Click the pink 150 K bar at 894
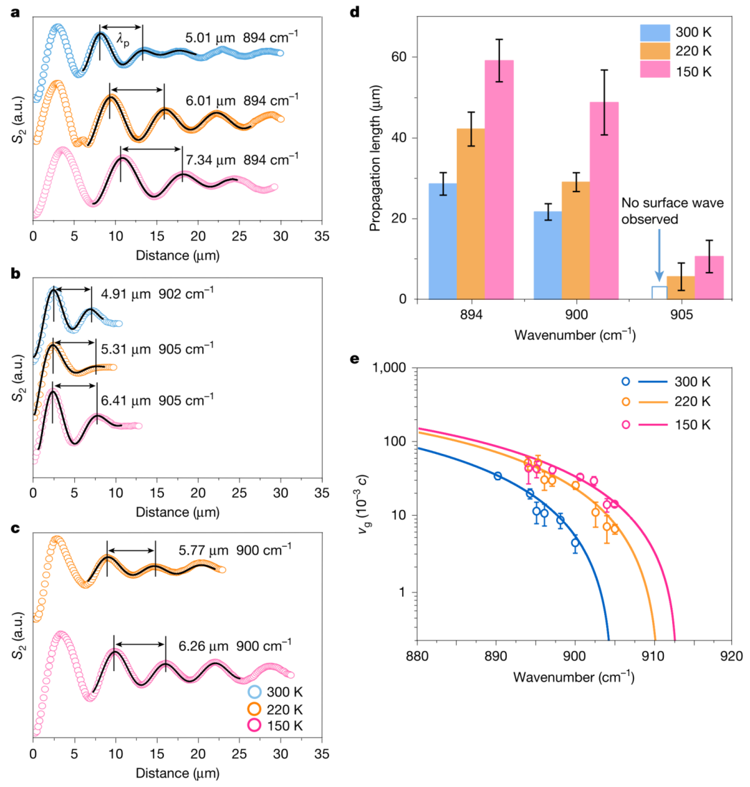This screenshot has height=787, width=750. pyautogui.click(x=499, y=180)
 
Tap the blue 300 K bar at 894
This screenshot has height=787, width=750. pyautogui.click(x=442, y=242)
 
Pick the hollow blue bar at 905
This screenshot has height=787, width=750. pyautogui.click(x=659, y=293)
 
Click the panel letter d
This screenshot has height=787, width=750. pyautogui.click(x=393, y=12)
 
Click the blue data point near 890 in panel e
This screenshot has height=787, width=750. pyautogui.click(x=498, y=476)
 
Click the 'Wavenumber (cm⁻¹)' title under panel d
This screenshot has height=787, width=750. pyautogui.click(x=575, y=335)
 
